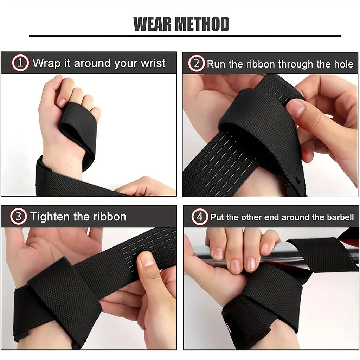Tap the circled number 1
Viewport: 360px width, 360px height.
coord(20,63)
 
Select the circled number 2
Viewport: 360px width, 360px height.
coord(196,63)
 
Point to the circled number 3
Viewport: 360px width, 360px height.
coord(18,216)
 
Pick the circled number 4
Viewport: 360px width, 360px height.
coord(200,217)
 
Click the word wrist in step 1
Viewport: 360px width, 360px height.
coord(153,63)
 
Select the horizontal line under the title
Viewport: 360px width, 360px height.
coord(185,36)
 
